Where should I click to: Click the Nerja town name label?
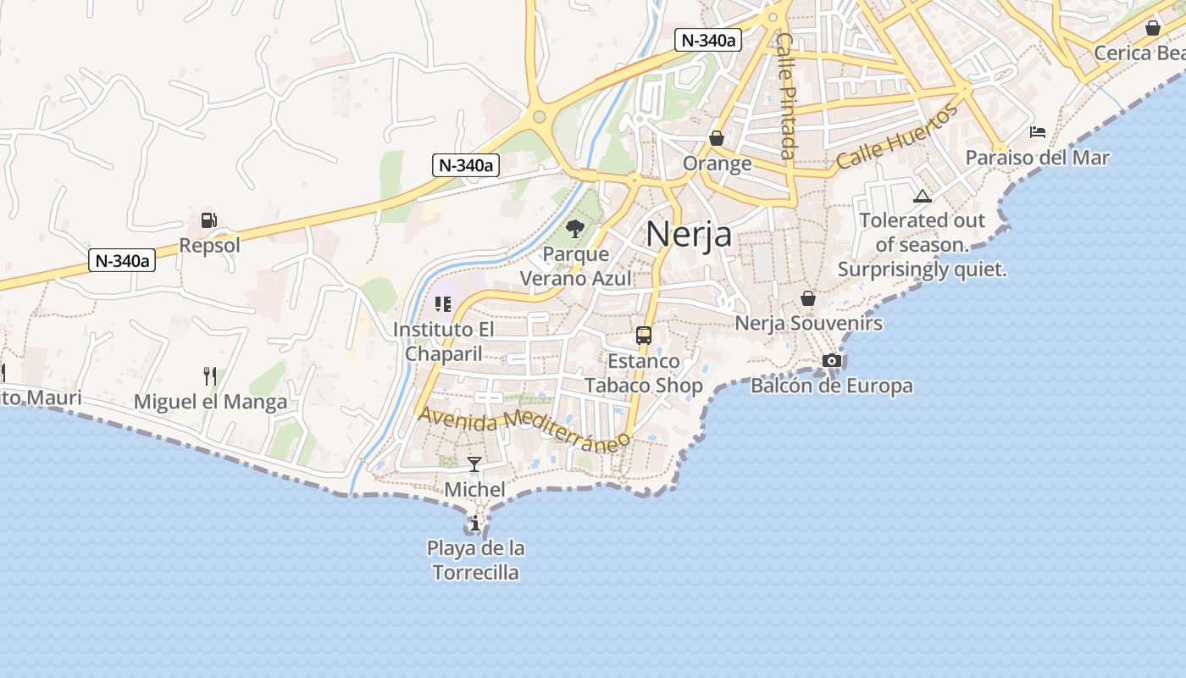click(689, 234)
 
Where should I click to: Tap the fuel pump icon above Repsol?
click(209, 220)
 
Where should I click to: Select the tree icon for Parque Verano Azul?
click(575, 228)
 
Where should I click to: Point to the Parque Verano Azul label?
click(576, 266)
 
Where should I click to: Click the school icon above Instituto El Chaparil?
click(443, 303)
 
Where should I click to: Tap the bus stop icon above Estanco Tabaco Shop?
click(644, 335)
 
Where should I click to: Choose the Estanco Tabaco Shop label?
click(644, 374)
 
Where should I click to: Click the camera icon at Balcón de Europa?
click(832, 361)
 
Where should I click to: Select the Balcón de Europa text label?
click(832, 386)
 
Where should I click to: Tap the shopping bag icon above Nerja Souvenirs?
click(808, 298)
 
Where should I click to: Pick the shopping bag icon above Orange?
click(717, 137)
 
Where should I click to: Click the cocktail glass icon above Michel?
click(474, 464)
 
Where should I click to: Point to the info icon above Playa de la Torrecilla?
click(475, 523)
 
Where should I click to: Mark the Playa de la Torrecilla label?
click(475, 560)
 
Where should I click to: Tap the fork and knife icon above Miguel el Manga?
click(210, 375)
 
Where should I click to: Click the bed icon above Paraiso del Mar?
click(1038, 131)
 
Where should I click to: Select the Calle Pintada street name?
click(786, 96)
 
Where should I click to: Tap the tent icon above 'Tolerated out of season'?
click(923, 197)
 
